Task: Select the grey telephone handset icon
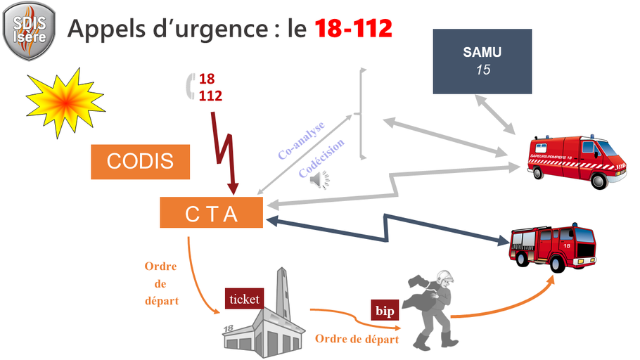(189, 86)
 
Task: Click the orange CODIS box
(141, 161)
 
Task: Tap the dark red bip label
(384, 310)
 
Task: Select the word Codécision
(321, 159)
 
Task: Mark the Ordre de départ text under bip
(357, 339)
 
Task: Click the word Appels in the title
(108, 29)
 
